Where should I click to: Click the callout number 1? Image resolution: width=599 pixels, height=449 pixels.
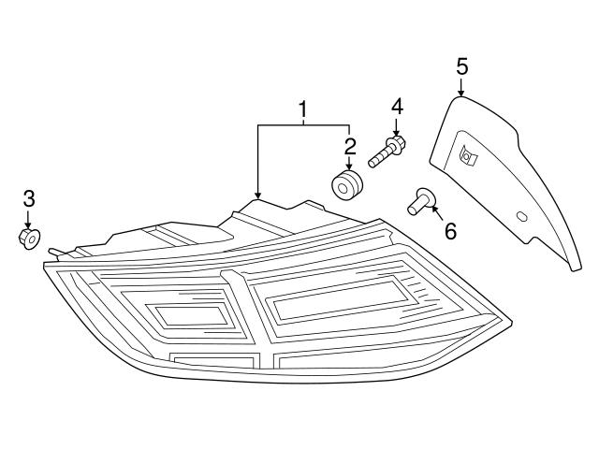[x=302, y=111]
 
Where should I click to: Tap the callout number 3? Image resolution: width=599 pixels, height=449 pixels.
[x=28, y=198]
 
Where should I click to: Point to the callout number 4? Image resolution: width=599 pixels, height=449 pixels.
[x=397, y=107]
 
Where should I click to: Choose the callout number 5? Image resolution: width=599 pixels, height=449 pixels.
[x=461, y=65]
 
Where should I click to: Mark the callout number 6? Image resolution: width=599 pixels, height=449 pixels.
[x=450, y=229]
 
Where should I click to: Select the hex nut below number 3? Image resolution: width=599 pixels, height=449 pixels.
[x=28, y=239]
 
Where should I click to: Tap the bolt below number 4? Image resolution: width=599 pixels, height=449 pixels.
[x=386, y=152]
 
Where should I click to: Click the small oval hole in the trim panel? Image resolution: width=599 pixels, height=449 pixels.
[x=522, y=218]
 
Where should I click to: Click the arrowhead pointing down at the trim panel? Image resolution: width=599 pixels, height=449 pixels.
[x=461, y=92]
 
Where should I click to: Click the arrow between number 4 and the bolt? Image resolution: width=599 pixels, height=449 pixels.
[x=397, y=126]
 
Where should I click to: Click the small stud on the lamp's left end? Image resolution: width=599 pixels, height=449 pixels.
[x=54, y=252]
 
